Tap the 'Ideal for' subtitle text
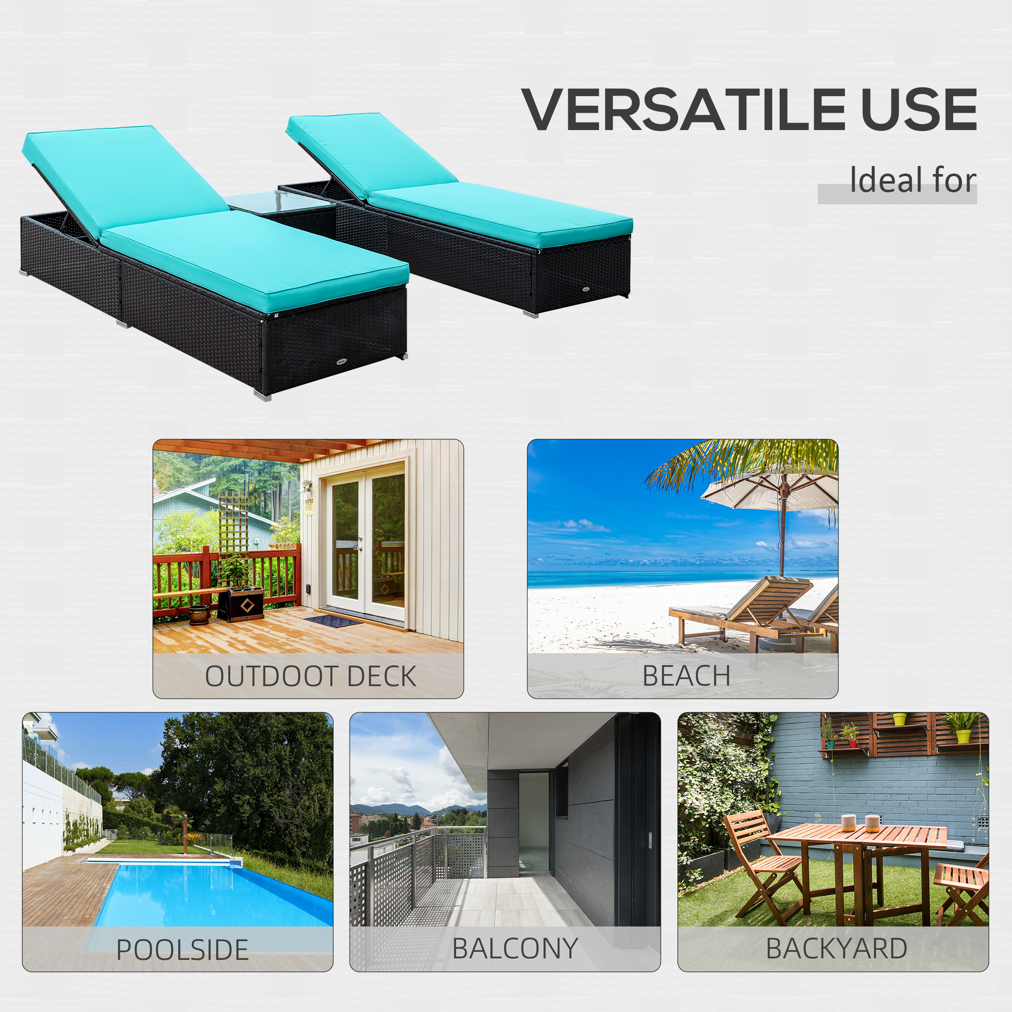click(x=912, y=181)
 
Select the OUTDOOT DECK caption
click(x=310, y=676)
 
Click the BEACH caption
click(x=686, y=676)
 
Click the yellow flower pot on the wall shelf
click(x=963, y=736)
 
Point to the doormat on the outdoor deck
click(x=333, y=621)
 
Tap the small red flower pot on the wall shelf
click(x=853, y=743)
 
